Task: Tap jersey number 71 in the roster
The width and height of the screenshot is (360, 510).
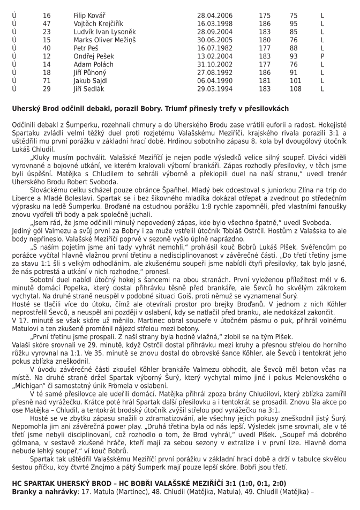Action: click(47, 80)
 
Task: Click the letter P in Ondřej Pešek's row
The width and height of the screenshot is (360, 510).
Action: click(322, 56)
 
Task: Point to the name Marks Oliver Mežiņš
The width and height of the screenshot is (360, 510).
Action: click(101, 40)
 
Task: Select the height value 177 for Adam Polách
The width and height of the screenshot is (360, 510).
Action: click(265, 64)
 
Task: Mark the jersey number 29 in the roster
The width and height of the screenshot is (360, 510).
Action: click(47, 88)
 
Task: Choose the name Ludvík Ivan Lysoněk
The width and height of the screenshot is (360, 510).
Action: click(104, 32)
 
